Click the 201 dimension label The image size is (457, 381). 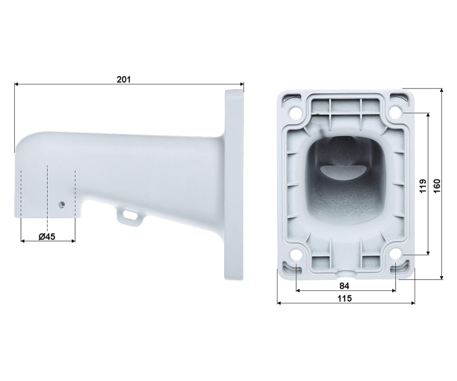pyautogui.click(x=124, y=79)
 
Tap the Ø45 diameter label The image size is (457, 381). pyautogui.click(x=47, y=236)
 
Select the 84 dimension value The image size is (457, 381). pyautogui.click(x=344, y=286)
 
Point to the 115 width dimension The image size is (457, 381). pyautogui.click(x=345, y=298)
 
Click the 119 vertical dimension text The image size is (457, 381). pyautogui.click(x=423, y=186)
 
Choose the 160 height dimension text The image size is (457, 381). pyautogui.click(x=437, y=186)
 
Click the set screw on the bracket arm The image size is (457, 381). pyautogui.click(x=61, y=205)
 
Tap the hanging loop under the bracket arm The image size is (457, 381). pyautogui.click(x=129, y=216)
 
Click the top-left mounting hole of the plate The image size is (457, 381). pyautogui.click(x=296, y=112)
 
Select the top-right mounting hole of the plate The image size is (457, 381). pyautogui.click(x=395, y=112)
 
